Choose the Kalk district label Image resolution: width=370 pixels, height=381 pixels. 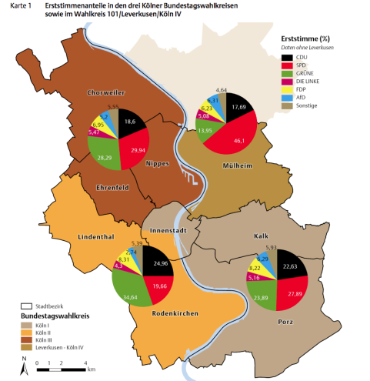[x=261, y=236]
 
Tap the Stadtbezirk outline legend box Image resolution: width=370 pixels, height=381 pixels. [x=26, y=305]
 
